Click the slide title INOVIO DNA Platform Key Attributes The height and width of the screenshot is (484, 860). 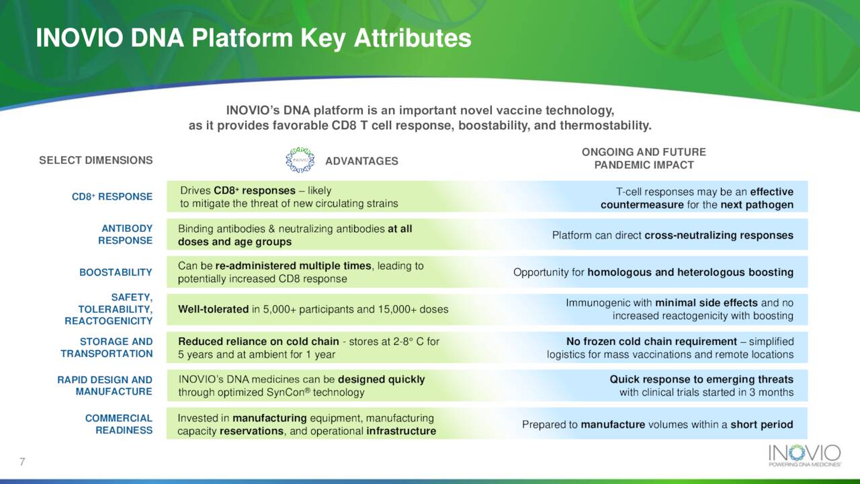point(253,38)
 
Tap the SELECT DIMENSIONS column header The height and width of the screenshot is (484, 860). point(96,160)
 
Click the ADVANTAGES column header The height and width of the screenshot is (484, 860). point(361,161)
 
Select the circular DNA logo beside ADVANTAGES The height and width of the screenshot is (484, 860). point(300,160)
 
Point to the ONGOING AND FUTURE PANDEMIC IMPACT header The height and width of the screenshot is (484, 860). point(644,158)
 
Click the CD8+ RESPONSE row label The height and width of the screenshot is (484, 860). point(112,197)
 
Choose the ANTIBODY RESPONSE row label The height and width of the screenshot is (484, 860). point(125,235)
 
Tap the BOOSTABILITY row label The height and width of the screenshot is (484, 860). point(116,272)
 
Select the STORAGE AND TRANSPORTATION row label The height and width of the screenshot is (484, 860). point(107,348)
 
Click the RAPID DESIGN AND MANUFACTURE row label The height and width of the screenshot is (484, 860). point(105,385)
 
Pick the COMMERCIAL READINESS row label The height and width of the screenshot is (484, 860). point(119,424)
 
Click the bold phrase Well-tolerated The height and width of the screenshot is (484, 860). point(214,309)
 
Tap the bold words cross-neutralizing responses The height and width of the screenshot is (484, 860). point(719,235)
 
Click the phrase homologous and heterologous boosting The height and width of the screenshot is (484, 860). point(690,272)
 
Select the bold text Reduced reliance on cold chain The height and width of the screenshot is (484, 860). point(259,341)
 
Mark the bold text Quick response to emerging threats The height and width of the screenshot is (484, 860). point(701,380)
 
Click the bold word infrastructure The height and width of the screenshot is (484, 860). point(401,431)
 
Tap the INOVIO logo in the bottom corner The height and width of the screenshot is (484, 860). point(805,456)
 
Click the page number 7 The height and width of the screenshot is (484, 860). point(22,462)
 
